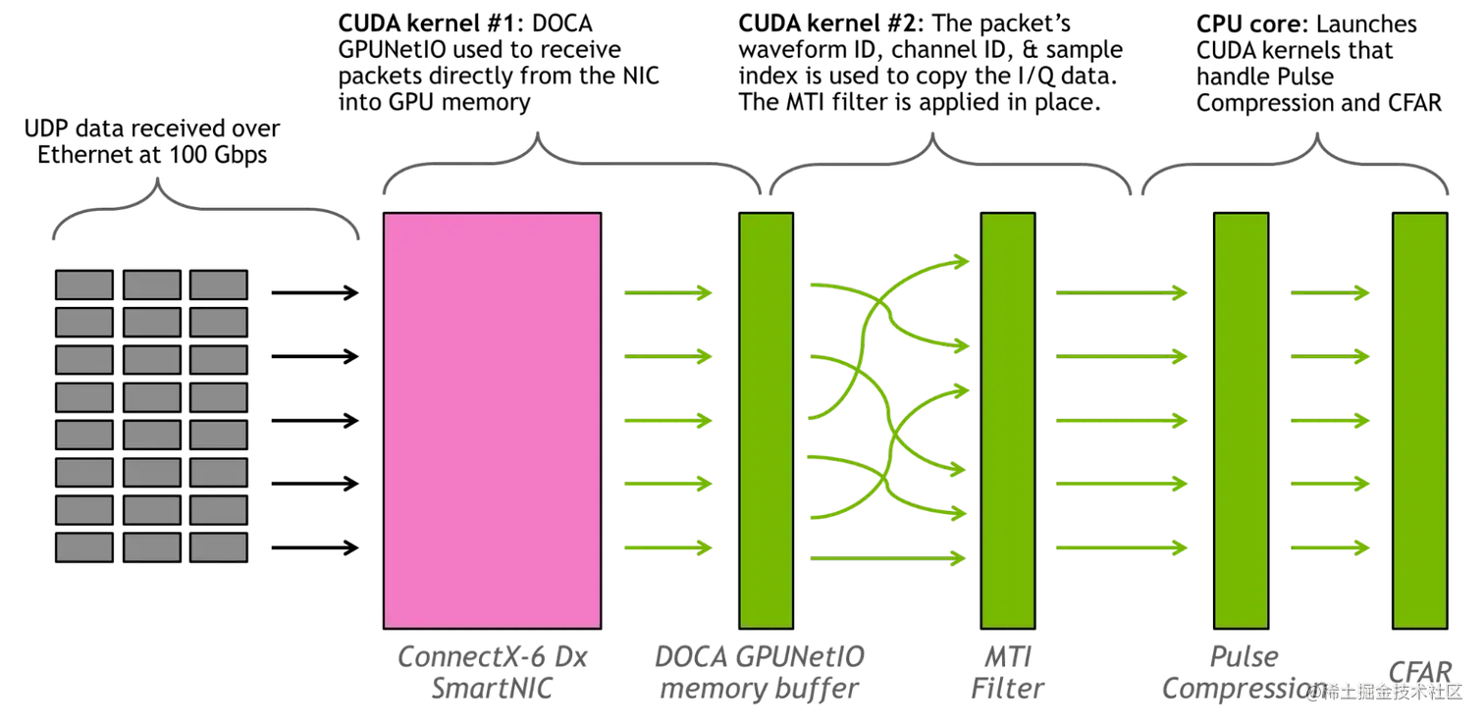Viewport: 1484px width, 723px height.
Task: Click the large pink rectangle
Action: click(x=492, y=420)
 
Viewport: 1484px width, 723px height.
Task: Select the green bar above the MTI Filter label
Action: click(x=1008, y=420)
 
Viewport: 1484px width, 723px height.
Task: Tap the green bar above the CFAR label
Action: click(x=1420, y=420)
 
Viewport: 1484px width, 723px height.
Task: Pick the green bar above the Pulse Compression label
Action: click(x=1242, y=420)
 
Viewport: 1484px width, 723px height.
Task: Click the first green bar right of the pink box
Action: click(x=766, y=420)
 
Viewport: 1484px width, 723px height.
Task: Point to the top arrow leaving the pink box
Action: click(x=667, y=292)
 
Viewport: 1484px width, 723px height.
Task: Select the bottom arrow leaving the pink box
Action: click(x=667, y=547)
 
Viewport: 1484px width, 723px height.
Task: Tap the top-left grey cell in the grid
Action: click(x=84, y=284)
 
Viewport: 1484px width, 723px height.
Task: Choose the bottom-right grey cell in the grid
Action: click(x=218, y=546)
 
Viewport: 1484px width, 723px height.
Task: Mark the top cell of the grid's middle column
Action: click(x=151, y=284)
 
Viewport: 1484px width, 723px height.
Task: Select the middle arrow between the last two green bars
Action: click(x=1330, y=421)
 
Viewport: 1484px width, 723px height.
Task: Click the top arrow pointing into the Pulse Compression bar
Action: click(x=1122, y=292)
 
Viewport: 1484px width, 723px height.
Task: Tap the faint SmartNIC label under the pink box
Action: click(x=491, y=689)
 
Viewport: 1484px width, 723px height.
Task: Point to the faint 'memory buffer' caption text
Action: click(x=761, y=689)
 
